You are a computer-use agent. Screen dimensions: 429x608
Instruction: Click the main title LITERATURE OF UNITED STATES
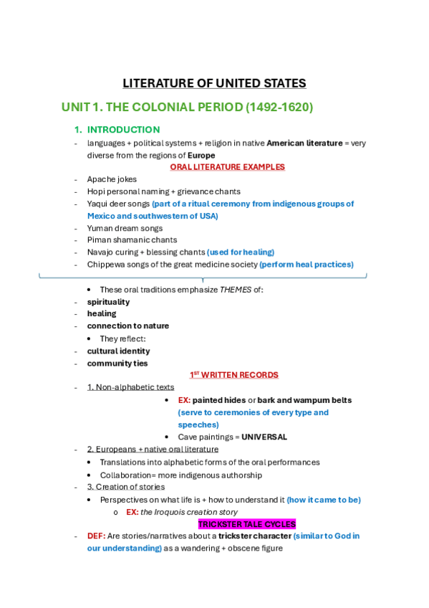[x=214, y=83]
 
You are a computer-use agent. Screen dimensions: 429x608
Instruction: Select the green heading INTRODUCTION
[x=123, y=130]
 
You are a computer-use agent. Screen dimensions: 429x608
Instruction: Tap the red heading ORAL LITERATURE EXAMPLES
[x=227, y=167]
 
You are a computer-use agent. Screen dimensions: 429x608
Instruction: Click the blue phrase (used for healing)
[x=241, y=252]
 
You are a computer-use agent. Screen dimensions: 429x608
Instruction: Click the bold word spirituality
[x=109, y=302]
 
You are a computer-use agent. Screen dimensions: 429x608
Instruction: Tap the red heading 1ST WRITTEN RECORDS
[x=233, y=375]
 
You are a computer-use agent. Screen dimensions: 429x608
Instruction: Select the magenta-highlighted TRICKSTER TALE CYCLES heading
[x=247, y=524]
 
